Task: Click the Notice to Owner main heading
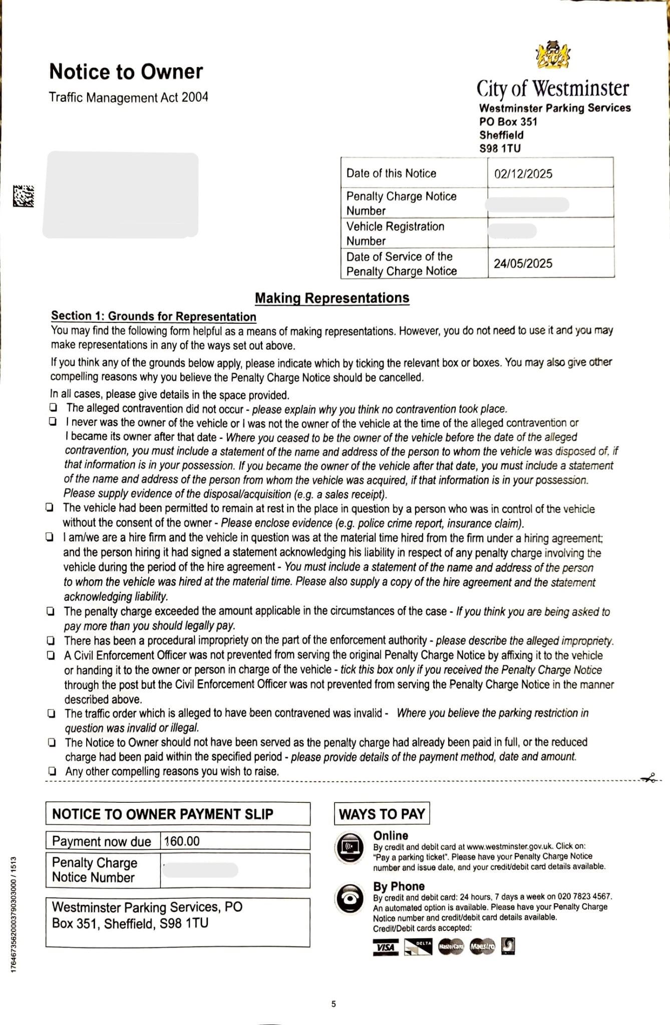(126, 72)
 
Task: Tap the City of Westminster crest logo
(553, 55)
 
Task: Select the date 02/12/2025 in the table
(523, 174)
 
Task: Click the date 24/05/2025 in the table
(523, 263)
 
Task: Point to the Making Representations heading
(332, 298)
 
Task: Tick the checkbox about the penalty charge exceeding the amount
(51, 611)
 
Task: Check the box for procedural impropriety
(51, 640)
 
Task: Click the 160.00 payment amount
(182, 841)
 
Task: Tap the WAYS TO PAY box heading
(382, 814)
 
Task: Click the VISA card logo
(386, 946)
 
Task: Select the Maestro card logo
(482, 946)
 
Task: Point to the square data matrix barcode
(23, 196)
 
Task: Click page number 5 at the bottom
(333, 1003)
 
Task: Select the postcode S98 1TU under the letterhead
(500, 148)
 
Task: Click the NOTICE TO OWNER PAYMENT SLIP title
(163, 814)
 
